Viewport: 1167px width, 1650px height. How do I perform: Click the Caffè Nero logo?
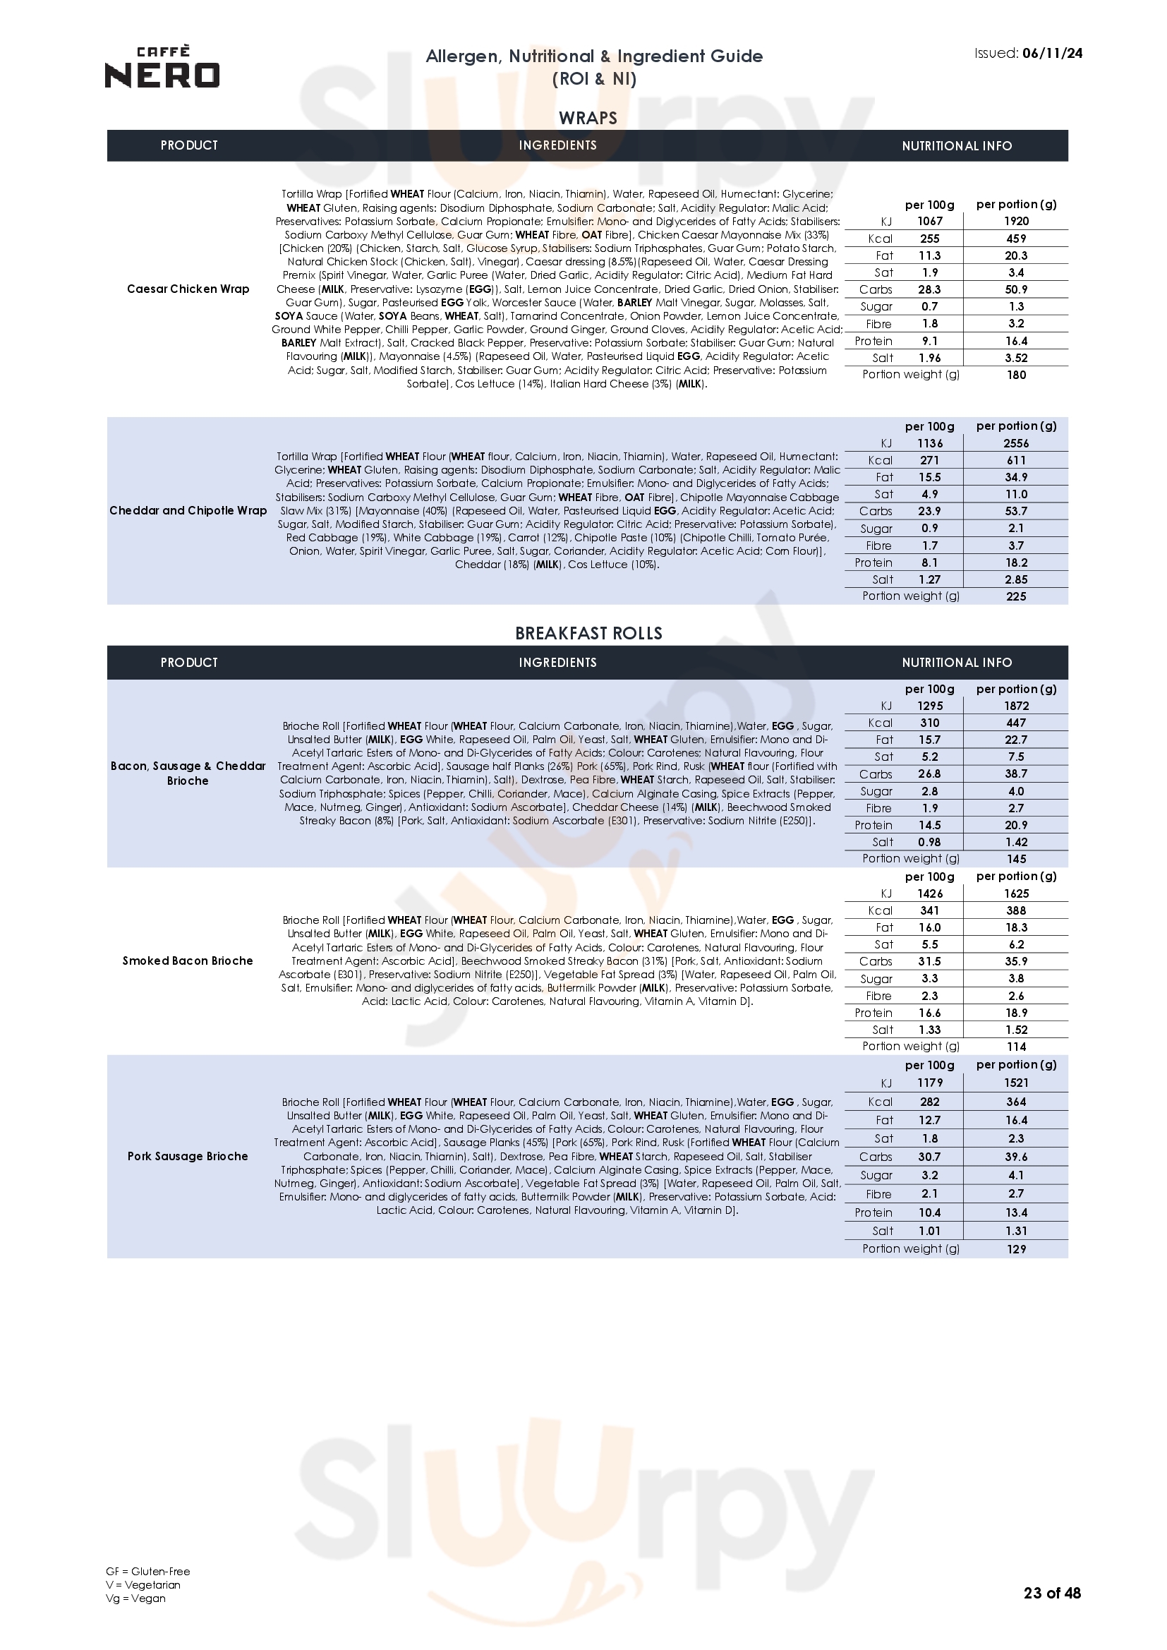tap(162, 68)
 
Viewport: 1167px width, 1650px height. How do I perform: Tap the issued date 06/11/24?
tap(1052, 53)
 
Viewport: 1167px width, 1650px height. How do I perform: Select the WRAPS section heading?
tap(588, 118)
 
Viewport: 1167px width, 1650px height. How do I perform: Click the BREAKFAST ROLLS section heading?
tap(588, 633)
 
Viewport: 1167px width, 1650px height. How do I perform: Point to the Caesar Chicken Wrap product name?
tap(188, 289)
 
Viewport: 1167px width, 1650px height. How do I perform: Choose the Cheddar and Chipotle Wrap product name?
tap(188, 510)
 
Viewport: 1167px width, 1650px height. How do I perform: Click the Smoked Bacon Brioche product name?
tap(188, 961)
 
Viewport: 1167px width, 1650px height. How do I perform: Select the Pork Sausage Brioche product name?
tap(188, 1156)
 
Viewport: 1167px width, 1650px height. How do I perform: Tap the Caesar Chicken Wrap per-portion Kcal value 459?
tap(1016, 239)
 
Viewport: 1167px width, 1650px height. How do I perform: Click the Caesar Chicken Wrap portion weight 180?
tap(1016, 375)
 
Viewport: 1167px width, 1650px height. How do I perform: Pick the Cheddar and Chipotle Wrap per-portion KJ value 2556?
tap(1016, 443)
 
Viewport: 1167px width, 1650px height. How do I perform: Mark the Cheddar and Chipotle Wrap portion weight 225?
tap(1016, 596)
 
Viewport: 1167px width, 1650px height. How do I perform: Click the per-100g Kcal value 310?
tap(930, 723)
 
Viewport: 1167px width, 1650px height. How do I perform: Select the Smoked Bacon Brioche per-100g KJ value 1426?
tap(930, 893)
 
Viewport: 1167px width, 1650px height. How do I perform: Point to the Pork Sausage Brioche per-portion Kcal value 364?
tap(1016, 1102)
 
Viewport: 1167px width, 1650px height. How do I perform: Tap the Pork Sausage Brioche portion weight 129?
tap(1016, 1249)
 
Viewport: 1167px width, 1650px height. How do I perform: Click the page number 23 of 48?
tap(1052, 1613)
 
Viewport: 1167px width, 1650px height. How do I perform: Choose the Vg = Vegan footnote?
tap(135, 1618)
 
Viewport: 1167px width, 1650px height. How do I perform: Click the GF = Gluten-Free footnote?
tap(148, 1591)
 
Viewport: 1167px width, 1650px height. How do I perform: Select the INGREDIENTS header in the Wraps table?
tap(557, 145)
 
